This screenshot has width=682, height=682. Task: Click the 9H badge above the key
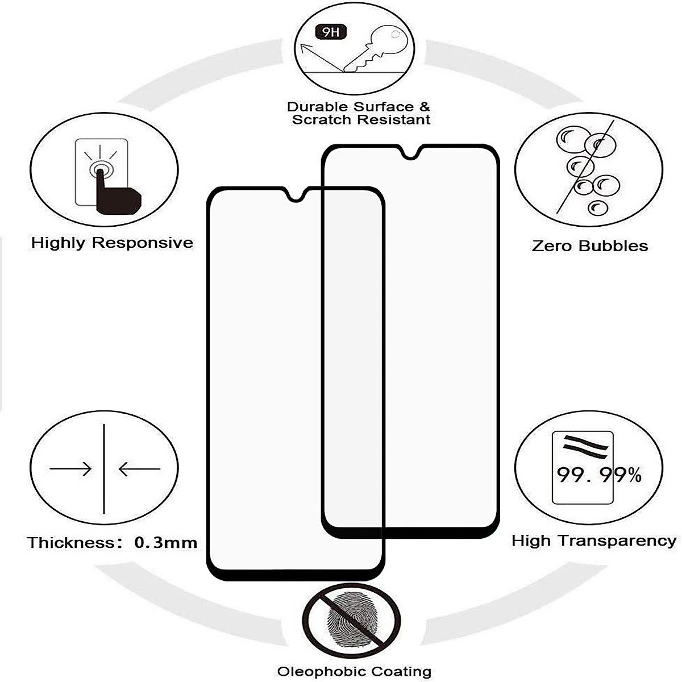tap(331, 32)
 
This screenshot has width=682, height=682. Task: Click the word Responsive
tap(143, 243)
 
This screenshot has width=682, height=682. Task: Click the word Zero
tap(552, 246)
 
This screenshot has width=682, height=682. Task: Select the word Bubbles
tap(613, 246)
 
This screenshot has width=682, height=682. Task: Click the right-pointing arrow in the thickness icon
tap(70, 469)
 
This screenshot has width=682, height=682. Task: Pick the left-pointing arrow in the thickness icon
tap(139, 469)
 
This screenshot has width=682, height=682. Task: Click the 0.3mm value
tap(165, 543)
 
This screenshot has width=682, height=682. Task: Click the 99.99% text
tap(599, 475)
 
